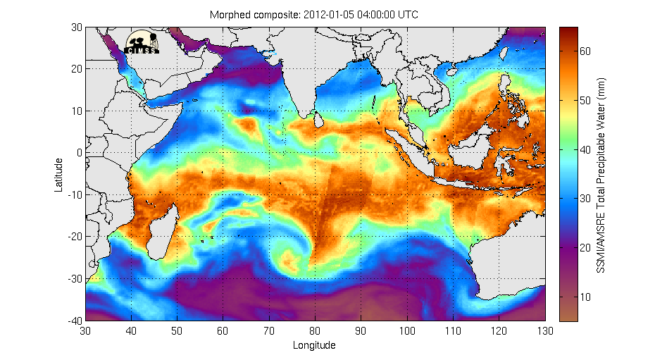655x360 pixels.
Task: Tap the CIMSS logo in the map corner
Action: (142, 42)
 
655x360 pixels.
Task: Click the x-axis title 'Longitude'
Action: (314, 345)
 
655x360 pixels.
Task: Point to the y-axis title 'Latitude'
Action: (59, 174)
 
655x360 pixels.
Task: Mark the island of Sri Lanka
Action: (318, 121)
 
